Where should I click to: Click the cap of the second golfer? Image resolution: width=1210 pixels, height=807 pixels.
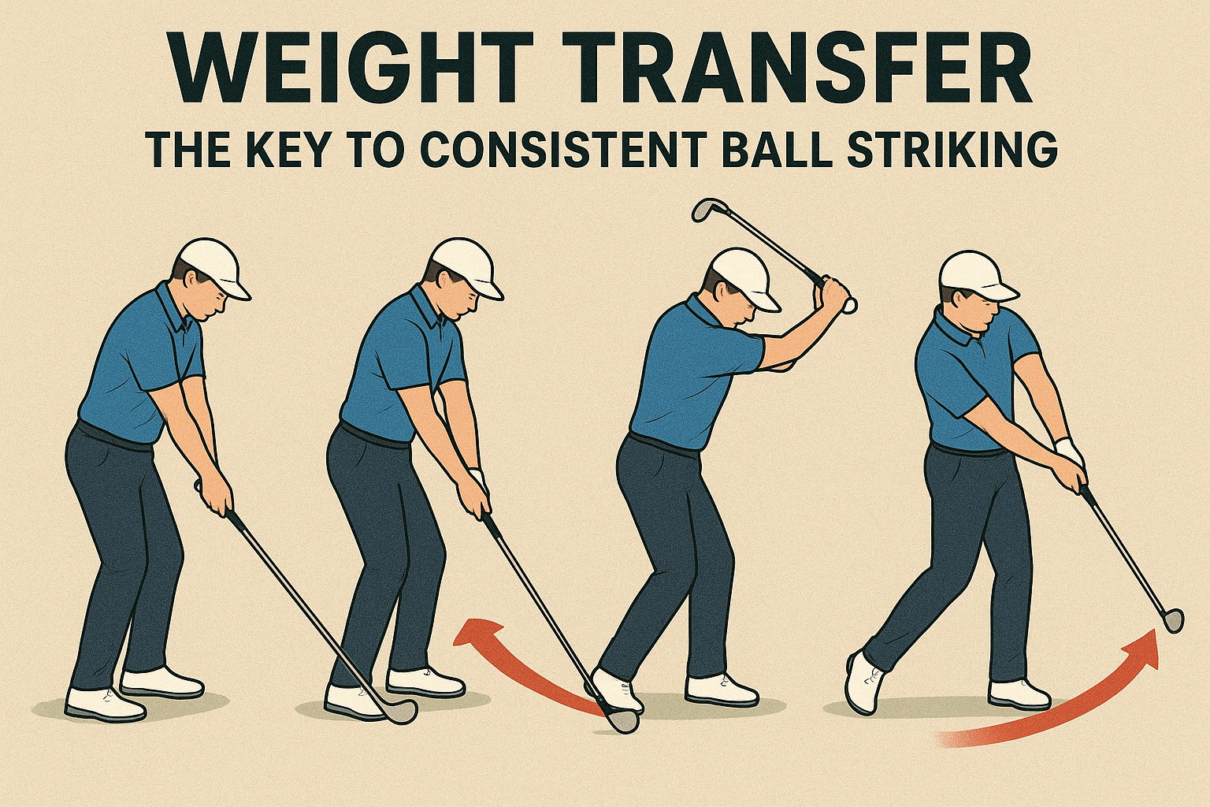tap(468, 268)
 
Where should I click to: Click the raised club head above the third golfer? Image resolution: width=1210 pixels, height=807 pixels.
tap(708, 210)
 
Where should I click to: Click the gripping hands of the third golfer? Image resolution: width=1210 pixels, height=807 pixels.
tap(833, 295)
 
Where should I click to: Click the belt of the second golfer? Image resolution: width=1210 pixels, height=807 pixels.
tap(379, 436)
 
